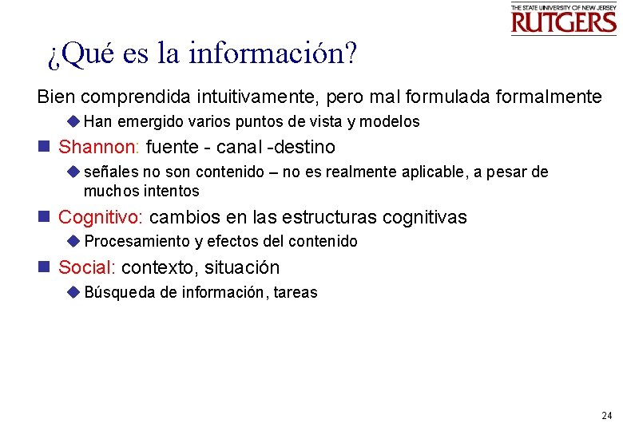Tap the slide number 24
(x=606, y=416)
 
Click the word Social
(x=87, y=267)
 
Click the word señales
(x=111, y=172)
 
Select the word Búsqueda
(x=119, y=293)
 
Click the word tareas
(x=295, y=293)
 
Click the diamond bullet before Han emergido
(x=73, y=122)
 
